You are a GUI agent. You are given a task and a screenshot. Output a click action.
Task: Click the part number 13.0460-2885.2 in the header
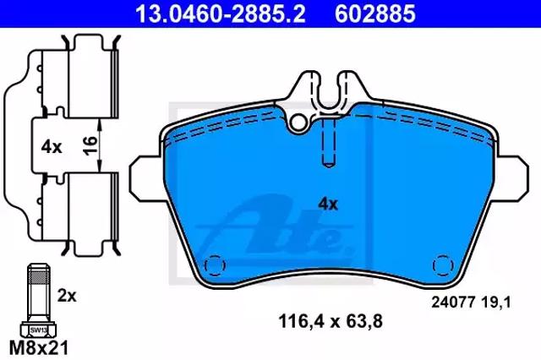(x=220, y=14)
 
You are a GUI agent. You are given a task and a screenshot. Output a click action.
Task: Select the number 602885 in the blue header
(x=375, y=14)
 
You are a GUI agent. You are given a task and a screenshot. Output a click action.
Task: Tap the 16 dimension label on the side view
(x=90, y=145)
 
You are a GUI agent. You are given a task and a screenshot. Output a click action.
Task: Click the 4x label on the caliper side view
(x=52, y=147)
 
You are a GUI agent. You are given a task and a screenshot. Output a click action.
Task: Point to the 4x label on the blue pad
(x=328, y=205)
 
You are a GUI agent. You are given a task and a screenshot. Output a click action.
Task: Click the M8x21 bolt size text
(x=39, y=348)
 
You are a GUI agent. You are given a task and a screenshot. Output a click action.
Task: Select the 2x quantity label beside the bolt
(x=67, y=296)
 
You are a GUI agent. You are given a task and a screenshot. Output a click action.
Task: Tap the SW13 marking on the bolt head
(x=38, y=330)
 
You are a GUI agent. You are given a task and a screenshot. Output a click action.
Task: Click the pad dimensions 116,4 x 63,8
(x=331, y=322)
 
